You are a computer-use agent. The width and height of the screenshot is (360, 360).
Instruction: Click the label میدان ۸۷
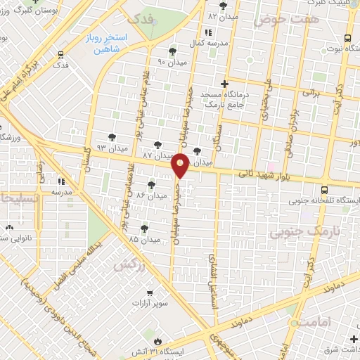157,154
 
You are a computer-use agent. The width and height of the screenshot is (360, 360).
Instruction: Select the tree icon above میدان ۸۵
143,228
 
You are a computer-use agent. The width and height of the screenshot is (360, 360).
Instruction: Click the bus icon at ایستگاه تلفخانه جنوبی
323,190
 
